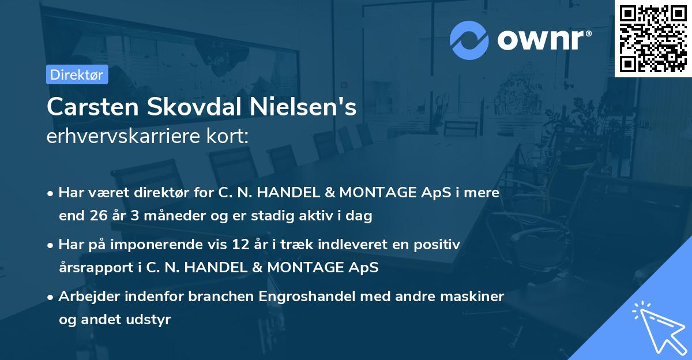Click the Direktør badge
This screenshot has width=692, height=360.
pos(77,74)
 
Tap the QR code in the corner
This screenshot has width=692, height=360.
pos(653,39)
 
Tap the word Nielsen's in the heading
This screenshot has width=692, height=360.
pos(310,107)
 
